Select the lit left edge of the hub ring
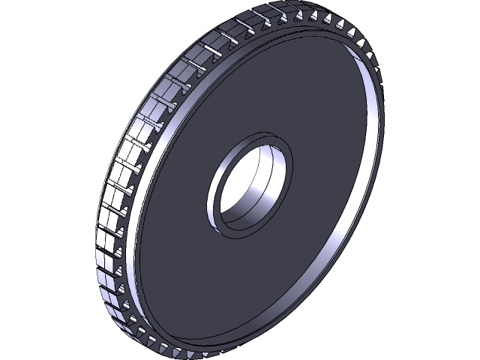tap(211, 191)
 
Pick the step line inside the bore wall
tap(259, 199)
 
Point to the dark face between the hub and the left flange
tap(176, 187)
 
